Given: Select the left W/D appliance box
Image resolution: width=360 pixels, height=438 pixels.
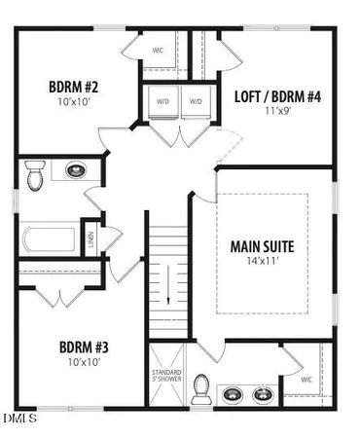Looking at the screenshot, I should click(162, 102).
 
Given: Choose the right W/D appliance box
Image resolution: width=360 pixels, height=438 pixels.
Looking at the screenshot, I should click(196, 102).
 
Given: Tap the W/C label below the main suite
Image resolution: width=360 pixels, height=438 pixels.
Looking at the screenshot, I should click(306, 379).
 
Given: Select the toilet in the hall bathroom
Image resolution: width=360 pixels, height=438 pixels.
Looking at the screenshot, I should click(38, 175).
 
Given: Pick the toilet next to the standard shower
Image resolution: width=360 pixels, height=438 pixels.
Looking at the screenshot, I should click(202, 389).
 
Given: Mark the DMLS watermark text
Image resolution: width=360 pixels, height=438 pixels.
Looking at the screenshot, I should click(18, 420).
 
